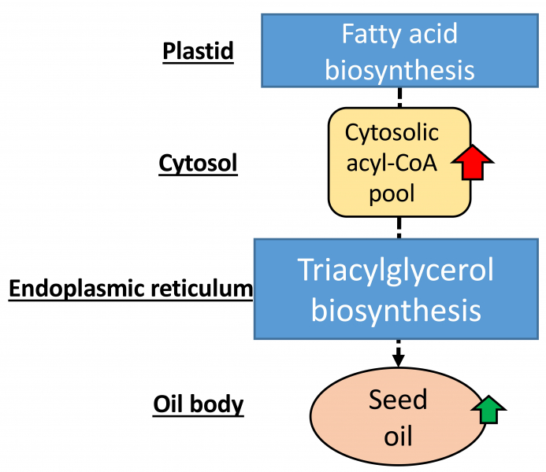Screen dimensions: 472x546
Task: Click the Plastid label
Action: pos(198,51)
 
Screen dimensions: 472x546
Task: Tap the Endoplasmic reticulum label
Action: pos(130,289)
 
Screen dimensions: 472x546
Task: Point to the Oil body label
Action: pos(198,405)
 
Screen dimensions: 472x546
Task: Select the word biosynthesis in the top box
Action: pos(399,70)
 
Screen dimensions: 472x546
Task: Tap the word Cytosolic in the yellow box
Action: pos(392,133)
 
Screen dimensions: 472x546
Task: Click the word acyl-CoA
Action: pos(392,163)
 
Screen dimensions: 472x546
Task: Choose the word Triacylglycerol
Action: pos(396,271)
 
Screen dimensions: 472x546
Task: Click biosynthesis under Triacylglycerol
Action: pos(396,311)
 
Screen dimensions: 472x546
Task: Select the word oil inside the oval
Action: pos(398,435)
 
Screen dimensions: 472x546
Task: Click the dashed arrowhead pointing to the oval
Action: pos(399,360)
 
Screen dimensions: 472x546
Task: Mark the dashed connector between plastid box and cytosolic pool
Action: pos(399,97)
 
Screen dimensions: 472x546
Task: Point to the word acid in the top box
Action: pos(434,34)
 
